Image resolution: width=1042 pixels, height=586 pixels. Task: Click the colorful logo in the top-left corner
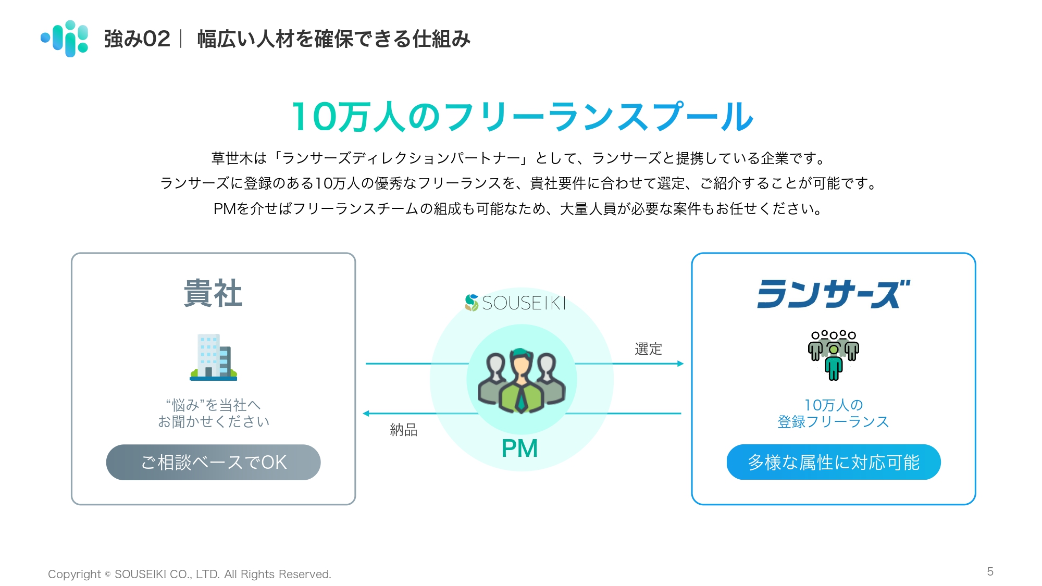pyautogui.click(x=65, y=39)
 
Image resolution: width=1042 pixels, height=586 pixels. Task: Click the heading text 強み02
pyautogui.click(x=137, y=39)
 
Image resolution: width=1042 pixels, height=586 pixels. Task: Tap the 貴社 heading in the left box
pyautogui.click(x=213, y=293)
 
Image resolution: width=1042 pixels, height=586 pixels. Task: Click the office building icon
pyautogui.click(x=213, y=357)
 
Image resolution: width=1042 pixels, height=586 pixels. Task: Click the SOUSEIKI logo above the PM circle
pyautogui.click(x=515, y=303)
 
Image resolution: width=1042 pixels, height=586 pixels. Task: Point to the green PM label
pyautogui.click(x=519, y=448)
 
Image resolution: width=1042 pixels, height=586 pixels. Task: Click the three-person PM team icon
pyautogui.click(x=521, y=380)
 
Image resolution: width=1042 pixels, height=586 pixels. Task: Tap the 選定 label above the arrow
pyautogui.click(x=648, y=348)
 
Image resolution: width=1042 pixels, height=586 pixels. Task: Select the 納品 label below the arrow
pyautogui.click(x=404, y=430)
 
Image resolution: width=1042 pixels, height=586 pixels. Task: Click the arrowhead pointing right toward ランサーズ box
pyautogui.click(x=680, y=364)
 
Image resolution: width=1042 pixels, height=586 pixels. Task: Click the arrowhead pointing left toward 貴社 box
pyautogui.click(x=366, y=414)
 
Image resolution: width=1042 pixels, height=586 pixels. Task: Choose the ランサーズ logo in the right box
pyautogui.click(x=833, y=294)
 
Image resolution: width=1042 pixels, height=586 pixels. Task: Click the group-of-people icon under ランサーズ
pyautogui.click(x=833, y=355)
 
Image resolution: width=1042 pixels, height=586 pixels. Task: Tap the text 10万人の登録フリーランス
pyautogui.click(x=833, y=413)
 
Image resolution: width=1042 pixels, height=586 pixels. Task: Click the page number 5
pyautogui.click(x=990, y=571)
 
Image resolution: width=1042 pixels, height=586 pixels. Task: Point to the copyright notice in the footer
pyautogui.click(x=190, y=574)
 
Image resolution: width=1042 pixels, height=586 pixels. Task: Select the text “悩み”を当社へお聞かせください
pyautogui.click(x=214, y=413)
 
